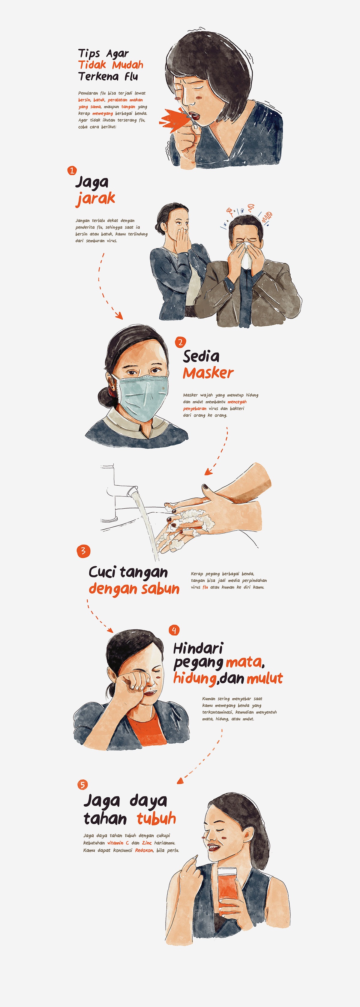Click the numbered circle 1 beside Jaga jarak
click(72, 170)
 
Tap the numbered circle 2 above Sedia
click(180, 343)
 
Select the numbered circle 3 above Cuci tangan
click(83, 551)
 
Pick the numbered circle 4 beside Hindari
click(174, 630)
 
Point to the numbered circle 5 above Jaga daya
click(82, 784)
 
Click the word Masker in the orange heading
click(208, 373)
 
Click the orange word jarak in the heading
click(95, 199)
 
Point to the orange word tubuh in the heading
click(156, 818)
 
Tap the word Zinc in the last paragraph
click(147, 843)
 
